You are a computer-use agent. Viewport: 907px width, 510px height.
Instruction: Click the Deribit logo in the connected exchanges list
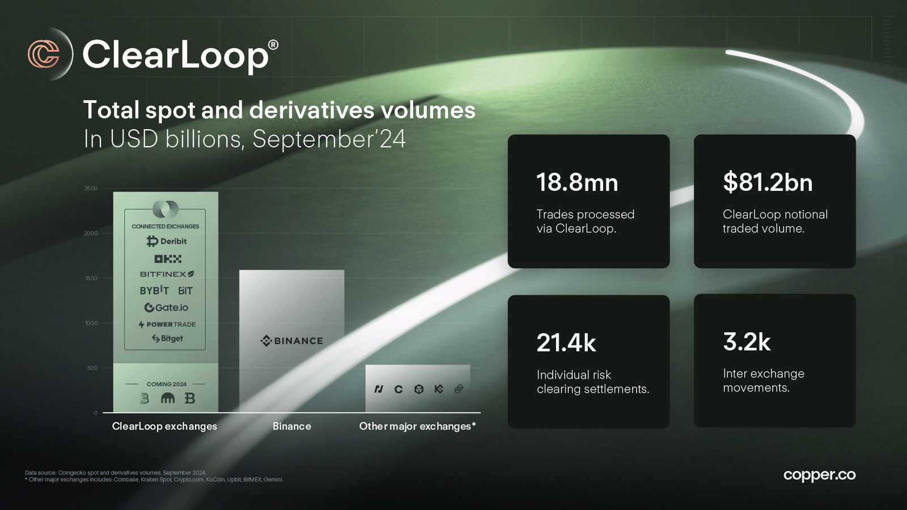point(167,241)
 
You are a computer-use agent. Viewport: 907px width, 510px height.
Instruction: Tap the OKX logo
point(168,258)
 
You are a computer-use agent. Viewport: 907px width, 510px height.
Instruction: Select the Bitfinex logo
point(167,274)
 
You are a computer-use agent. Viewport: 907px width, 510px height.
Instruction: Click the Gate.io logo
point(167,308)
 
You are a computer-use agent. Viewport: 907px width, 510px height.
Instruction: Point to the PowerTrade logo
point(167,324)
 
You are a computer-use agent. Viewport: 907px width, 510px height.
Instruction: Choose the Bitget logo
point(167,338)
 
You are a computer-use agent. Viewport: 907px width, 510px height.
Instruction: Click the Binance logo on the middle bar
point(291,341)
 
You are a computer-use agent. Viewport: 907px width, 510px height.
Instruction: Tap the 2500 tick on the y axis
point(91,188)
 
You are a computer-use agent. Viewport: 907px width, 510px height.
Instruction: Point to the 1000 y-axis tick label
point(91,323)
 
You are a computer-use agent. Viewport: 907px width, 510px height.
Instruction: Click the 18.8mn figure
point(577,182)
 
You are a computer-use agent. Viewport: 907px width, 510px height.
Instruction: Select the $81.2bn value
point(768,182)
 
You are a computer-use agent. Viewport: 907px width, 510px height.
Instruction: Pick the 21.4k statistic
point(566,343)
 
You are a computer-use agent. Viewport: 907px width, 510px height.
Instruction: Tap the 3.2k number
point(747,342)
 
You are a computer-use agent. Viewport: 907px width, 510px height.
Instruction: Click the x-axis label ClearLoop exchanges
point(164,426)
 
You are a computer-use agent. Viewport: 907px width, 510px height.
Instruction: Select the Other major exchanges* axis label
point(417,426)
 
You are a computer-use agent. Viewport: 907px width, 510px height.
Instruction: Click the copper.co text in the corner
point(820,475)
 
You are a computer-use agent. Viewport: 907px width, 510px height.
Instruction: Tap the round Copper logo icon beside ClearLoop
point(44,54)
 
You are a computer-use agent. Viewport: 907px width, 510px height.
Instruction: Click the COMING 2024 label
point(167,384)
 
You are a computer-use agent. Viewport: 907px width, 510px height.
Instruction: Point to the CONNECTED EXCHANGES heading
point(165,226)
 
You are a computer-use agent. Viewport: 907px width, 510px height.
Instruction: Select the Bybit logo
point(154,290)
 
